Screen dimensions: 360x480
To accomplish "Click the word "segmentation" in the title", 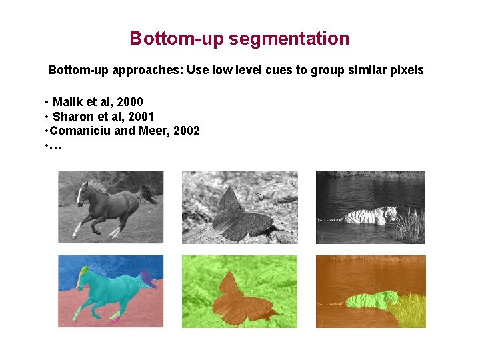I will (289, 39).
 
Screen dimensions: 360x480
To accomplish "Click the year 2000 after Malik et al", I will (129, 102).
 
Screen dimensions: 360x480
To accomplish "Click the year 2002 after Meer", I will (186, 131).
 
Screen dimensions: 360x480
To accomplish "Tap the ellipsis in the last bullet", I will (55, 145).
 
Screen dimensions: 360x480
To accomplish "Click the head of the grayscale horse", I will (82, 193).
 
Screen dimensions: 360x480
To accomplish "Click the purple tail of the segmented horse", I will (149, 279).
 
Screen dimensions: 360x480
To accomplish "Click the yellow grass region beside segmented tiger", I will (408, 310).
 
